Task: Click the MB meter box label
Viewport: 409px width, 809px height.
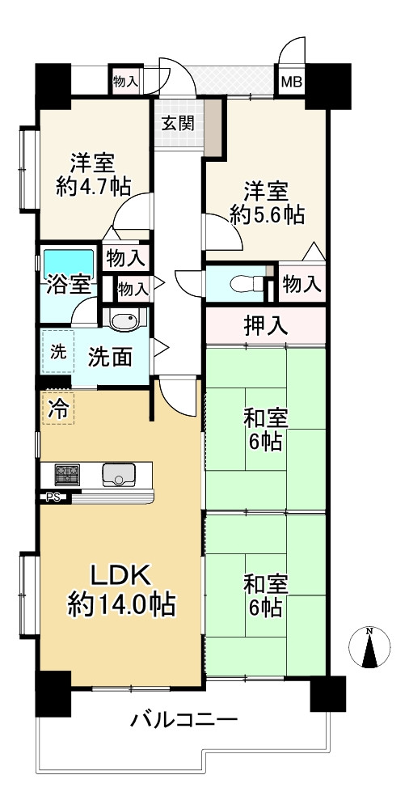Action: [292, 82]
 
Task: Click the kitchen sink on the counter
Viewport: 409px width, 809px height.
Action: [119, 474]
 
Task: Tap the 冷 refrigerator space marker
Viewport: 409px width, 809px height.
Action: [58, 408]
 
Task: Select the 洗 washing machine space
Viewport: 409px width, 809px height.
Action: [57, 351]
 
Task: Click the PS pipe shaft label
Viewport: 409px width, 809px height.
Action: [52, 498]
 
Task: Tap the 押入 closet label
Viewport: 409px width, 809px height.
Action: [265, 326]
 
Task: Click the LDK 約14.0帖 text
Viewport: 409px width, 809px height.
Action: [122, 591]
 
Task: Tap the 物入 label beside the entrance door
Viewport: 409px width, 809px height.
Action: [126, 81]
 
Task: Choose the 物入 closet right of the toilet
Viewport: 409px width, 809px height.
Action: [302, 282]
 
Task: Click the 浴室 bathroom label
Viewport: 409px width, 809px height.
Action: [70, 285]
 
